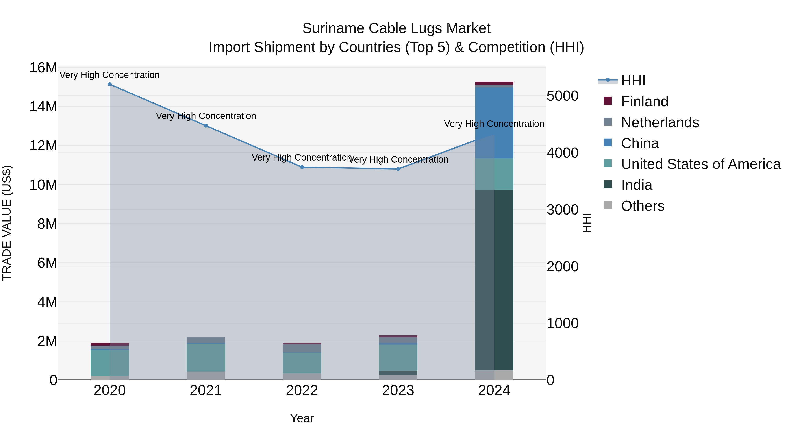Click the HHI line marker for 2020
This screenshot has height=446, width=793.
pyautogui.click(x=110, y=84)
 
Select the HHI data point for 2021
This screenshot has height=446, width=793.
pyautogui.click(x=206, y=126)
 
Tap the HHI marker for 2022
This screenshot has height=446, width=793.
pyautogui.click(x=302, y=167)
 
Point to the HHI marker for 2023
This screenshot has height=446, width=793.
pyautogui.click(x=398, y=169)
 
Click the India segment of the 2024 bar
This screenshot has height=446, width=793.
pyautogui.click(x=494, y=280)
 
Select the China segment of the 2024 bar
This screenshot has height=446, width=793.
pyautogui.click(x=494, y=123)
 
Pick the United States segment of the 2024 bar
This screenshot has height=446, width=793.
pyautogui.click(x=494, y=174)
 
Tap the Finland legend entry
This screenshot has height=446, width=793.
pyautogui.click(x=644, y=102)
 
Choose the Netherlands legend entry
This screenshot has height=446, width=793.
pyautogui.click(x=660, y=122)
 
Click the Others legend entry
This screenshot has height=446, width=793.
pyautogui.click(x=643, y=206)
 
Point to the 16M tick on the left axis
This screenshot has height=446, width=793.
pyautogui.click(x=43, y=68)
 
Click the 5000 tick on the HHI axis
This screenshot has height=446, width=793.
pyautogui.click(x=562, y=96)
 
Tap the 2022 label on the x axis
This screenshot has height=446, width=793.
pyautogui.click(x=302, y=390)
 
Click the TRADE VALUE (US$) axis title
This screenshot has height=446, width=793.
pyautogui.click(x=7, y=223)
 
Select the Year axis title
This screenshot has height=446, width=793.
pyautogui.click(x=302, y=418)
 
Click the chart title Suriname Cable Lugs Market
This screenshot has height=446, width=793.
pyautogui.click(x=396, y=28)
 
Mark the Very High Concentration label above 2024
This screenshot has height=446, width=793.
pyautogui.click(x=494, y=124)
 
